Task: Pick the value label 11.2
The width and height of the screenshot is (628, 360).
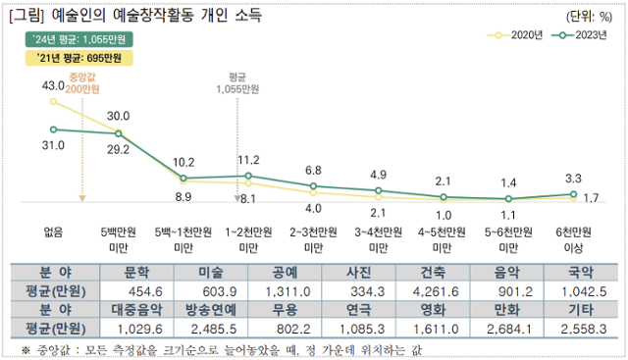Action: pos(248,160)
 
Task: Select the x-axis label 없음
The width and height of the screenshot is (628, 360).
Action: pos(54,232)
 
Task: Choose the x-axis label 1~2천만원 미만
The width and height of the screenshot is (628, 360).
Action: pos(248,240)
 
